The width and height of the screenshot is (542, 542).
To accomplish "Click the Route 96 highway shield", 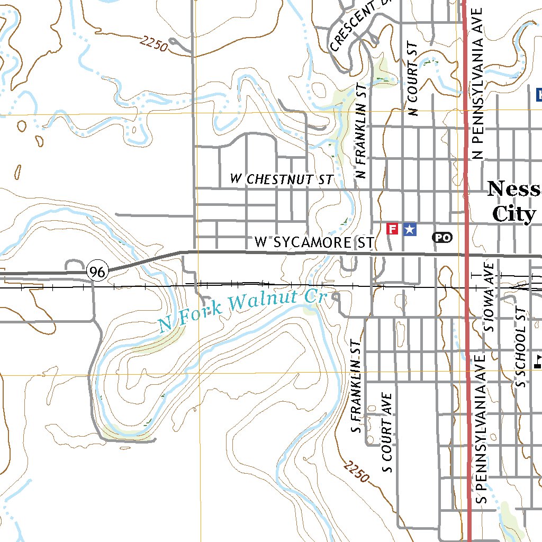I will pos(97,272).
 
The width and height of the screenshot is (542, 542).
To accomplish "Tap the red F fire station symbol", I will pos(392,229).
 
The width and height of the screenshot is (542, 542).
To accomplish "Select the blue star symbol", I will pos(410,229).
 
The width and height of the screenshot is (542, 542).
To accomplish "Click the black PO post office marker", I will pos(442,238).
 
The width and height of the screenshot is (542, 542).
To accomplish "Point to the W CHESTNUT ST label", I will pos(282,179).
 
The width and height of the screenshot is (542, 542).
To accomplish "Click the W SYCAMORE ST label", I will pos(314,242).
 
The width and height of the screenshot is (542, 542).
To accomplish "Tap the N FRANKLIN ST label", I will pos(362,130).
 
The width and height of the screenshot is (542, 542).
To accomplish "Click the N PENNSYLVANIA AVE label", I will pos(478,84).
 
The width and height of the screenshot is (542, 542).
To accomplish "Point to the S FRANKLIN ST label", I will pos(357,387).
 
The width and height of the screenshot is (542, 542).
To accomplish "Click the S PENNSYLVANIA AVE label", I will pos(481,428).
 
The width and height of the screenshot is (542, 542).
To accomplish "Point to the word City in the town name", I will pos(513,214).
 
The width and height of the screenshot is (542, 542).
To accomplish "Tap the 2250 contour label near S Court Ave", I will pos(356,471).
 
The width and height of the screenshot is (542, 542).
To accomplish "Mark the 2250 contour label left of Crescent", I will pos(154,44).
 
